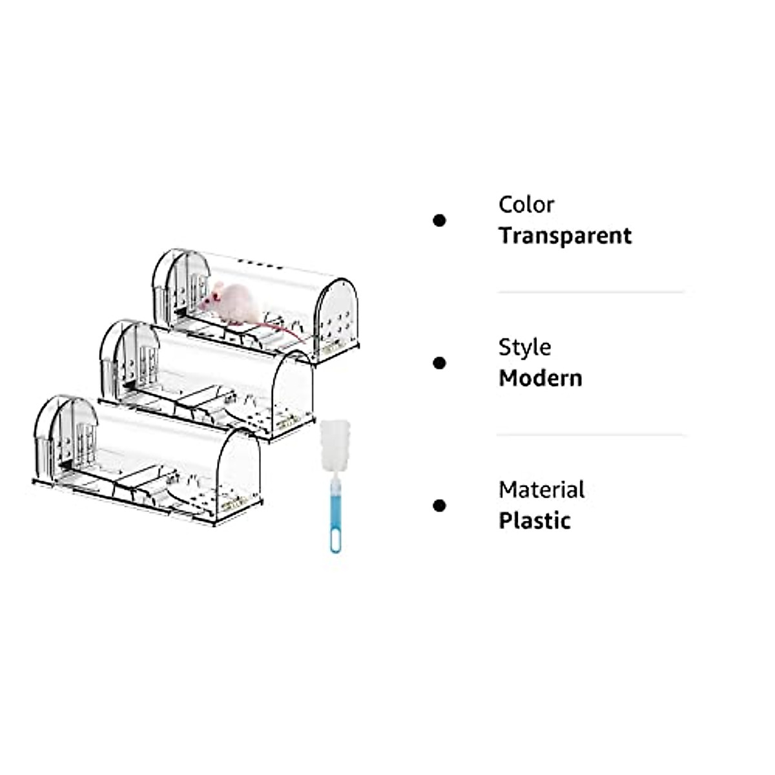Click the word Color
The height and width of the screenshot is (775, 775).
click(526, 205)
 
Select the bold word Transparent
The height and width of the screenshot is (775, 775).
click(564, 236)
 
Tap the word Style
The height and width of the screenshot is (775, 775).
click(524, 347)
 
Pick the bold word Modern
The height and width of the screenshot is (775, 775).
click(540, 378)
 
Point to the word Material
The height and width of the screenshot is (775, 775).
click(541, 490)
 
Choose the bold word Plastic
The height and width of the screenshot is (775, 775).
click(534, 521)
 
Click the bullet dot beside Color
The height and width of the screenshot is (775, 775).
click(439, 221)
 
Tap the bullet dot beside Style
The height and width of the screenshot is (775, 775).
click(439, 364)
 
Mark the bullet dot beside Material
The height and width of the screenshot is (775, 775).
click(439, 506)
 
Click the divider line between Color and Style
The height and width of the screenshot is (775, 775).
click(590, 293)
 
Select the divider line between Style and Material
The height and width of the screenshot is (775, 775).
click(590, 435)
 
